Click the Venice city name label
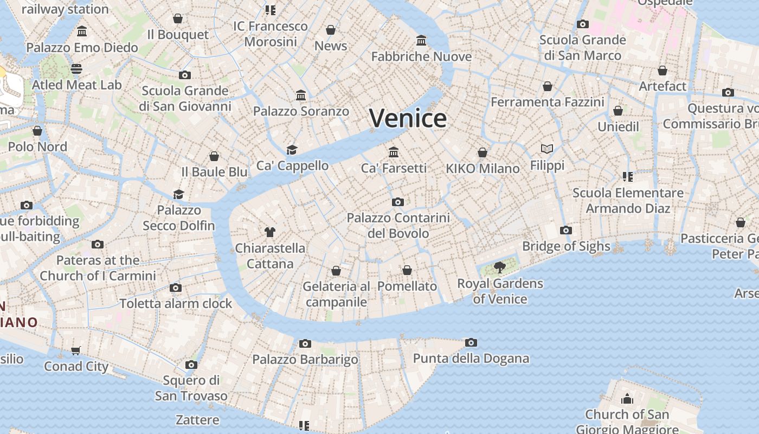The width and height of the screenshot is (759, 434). click(408, 118)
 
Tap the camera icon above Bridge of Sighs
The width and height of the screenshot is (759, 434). click(565, 230)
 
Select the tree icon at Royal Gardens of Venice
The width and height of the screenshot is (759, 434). click(500, 267)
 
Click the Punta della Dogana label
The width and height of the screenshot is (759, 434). click(471, 359)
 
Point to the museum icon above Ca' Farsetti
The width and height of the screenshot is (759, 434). click(394, 151)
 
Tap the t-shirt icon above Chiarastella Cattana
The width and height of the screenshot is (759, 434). click(269, 232)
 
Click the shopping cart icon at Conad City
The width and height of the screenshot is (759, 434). click(76, 350)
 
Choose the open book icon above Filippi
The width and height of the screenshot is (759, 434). click(547, 149)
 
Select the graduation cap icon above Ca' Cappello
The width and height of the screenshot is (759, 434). click(292, 150)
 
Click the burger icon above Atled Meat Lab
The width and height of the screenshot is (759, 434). click(76, 69)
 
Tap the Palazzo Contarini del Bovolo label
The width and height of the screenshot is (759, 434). click(398, 226)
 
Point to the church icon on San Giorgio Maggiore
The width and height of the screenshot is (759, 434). click(627, 399)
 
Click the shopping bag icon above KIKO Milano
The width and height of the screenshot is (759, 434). click(483, 152)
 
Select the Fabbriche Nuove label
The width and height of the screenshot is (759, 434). click(421, 56)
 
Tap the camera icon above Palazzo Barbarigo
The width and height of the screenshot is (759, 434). click(305, 343)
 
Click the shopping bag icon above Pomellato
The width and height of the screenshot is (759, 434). click(407, 270)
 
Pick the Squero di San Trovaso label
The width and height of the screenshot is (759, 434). click(191, 388)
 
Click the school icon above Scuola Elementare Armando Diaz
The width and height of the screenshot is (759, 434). click(628, 176)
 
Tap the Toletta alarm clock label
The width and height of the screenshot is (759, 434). click(176, 304)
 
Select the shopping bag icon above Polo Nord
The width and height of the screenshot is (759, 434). click(37, 131)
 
